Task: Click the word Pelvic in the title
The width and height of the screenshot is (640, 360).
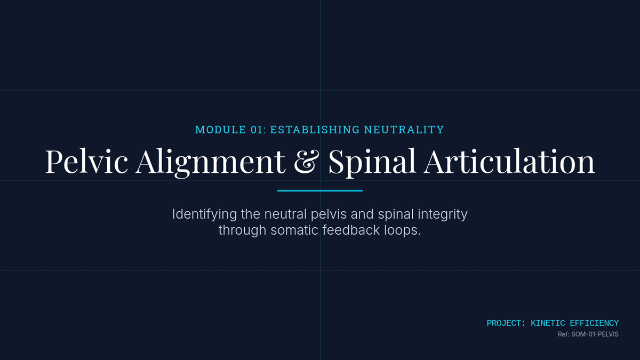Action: pyautogui.click(x=86, y=161)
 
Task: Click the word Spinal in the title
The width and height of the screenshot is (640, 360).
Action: pyautogui.click(x=372, y=161)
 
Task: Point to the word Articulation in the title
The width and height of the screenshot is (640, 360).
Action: pyautogui.click(x=509, y=161)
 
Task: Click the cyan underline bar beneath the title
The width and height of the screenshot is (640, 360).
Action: pyautogui.click(x=320, y=190)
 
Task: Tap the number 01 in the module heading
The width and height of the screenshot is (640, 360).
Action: pyautogui.click(x=258, y=130)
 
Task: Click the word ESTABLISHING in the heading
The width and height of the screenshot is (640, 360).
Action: pyautogui.click(x=315, y=130)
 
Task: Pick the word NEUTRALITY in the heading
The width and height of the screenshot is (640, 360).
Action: pyautogui.click(x=404, y=130)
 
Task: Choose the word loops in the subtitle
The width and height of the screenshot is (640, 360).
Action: pyautogui.click(x=405, y=231)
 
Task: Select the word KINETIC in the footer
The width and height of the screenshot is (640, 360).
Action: pyautogui.click(x=548, y=323)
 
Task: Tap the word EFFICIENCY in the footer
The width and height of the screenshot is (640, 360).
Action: pyautogui.click(x=594, y=323)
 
